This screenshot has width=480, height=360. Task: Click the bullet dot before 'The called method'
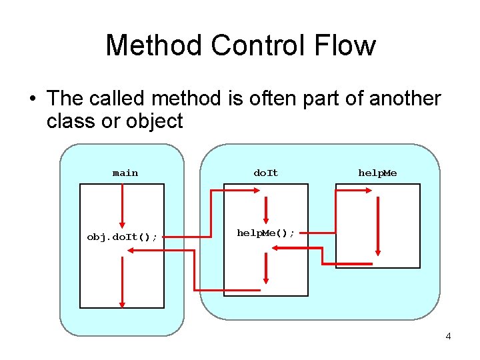[31, 99]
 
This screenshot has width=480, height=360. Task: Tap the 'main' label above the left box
[125, 173]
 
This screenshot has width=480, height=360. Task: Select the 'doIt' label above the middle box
[265, 173]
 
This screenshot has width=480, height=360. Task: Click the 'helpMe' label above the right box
[377, 173]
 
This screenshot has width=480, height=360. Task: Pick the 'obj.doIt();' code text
[122, 237]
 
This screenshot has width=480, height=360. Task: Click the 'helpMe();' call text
[266, 233]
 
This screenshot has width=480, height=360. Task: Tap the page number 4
[448, 336]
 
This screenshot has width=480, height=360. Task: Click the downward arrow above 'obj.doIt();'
[122, 207]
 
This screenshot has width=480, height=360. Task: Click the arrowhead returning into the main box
[131, 249]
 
